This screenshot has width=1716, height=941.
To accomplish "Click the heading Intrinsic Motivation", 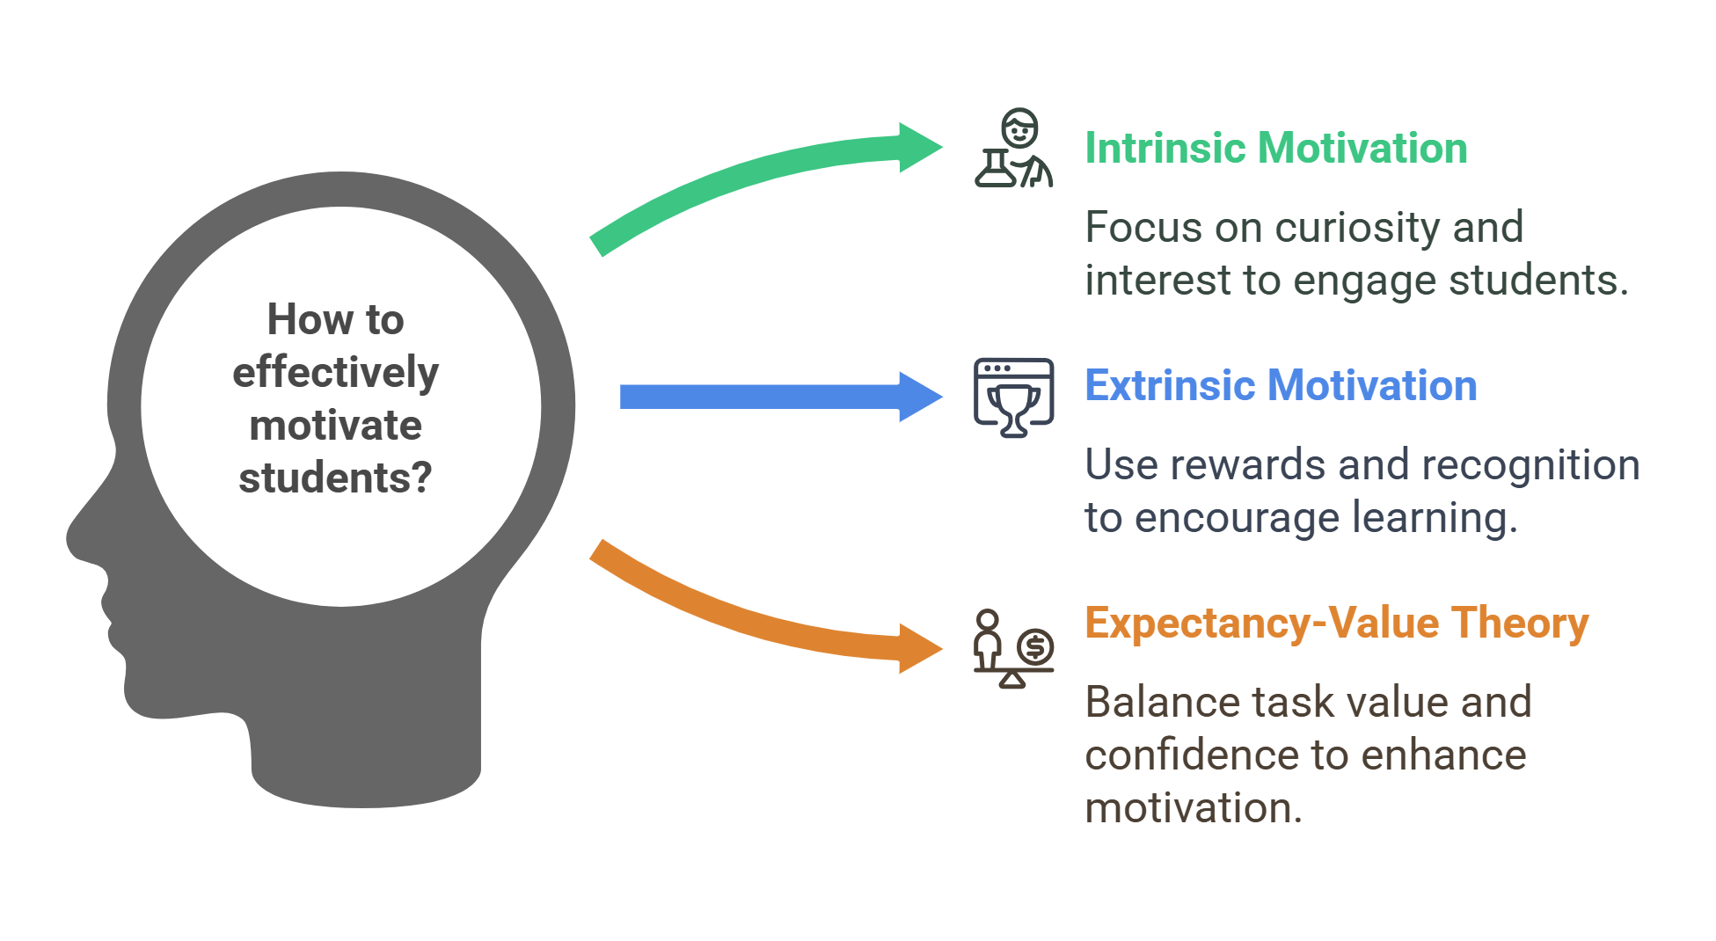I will [x=1275, y=148].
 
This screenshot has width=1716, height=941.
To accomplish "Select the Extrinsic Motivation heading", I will [x=1280, y=385].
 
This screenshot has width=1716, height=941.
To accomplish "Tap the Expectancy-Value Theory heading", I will [x=1336, y=623].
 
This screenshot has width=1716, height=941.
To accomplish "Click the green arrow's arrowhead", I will [x=920, y=148].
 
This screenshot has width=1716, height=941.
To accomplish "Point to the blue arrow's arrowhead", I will [x=920, y=397].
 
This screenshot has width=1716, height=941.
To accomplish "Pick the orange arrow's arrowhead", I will [x=920, y=649].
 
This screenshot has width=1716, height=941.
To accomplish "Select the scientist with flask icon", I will [x=1014, y=148].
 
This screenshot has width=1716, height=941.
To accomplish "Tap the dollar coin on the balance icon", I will [x=1035, y=646].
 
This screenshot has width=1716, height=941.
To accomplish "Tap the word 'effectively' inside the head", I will [x=335, y=373].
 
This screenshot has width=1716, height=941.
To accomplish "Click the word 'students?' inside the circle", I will [x=335, y=478].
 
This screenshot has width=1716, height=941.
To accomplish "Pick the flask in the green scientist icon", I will [x=995, y=169].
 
